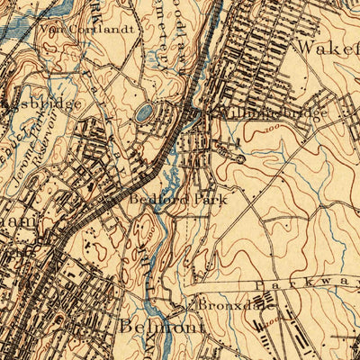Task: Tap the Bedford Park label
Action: pyautogui.click(x=176, y=200)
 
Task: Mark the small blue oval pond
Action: pyautogui.click(x=143, y=113)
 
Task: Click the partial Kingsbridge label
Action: pyautogui.click(x=40, y=104)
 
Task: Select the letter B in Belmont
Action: pyautogui.click(x=126, y=326)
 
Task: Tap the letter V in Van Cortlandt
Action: pyautogui.click(x=44, y=27)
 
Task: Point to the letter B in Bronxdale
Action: pyautogui.click(x=202, y=305)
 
